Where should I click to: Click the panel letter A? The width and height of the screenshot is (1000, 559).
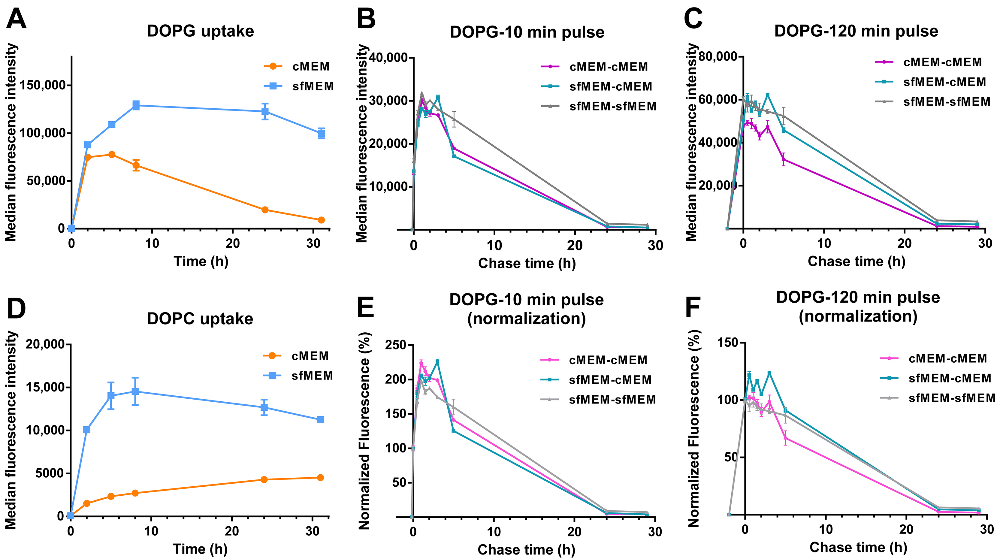(x=16, y=19)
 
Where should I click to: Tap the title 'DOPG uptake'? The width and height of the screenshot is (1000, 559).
(x=200, y=31)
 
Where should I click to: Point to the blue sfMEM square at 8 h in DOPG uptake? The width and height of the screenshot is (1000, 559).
(x=136, y=105)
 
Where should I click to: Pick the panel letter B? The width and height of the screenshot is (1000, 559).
(x=366, y=19)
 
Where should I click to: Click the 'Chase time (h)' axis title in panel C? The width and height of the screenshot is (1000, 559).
(x=856, y=261)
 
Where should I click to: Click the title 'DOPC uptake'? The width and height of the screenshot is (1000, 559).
(x=200, y=319)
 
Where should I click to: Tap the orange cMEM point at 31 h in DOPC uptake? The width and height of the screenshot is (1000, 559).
(x=320, y=477)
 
